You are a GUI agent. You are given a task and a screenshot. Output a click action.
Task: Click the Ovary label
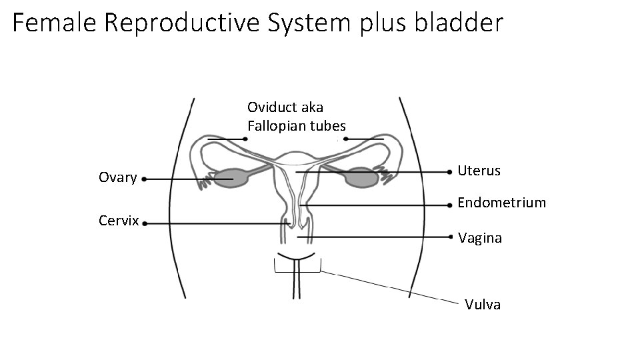[x=117, y=177]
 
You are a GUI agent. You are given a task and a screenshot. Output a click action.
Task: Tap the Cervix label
[x=118, y=221]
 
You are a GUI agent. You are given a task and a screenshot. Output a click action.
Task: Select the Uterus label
[x=479, y=171]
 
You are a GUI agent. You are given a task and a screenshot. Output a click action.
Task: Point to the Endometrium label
[x=501, y=202]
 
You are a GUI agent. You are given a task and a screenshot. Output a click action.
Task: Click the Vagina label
[x=480, y=238]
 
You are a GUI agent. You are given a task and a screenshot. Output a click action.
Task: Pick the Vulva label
[x=483, y=305]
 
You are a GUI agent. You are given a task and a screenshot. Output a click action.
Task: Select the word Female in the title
[x=55, y=23]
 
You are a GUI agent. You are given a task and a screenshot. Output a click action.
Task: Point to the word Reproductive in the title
[x=183, y=23]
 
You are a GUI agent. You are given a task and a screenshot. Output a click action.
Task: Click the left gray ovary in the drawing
[x=230, y=178]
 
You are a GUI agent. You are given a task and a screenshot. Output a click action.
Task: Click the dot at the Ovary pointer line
[x=145, y=179]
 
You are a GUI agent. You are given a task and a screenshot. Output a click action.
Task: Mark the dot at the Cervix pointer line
[x=145, y=224]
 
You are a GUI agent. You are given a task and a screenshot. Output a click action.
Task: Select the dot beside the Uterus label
[x=451, y=172]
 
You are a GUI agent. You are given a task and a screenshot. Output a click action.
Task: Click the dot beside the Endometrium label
[x=451, y=205]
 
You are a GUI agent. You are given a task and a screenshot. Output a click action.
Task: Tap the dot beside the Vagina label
[x=451, y=237]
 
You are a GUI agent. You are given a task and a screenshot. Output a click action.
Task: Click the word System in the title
[x=309, y=23]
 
